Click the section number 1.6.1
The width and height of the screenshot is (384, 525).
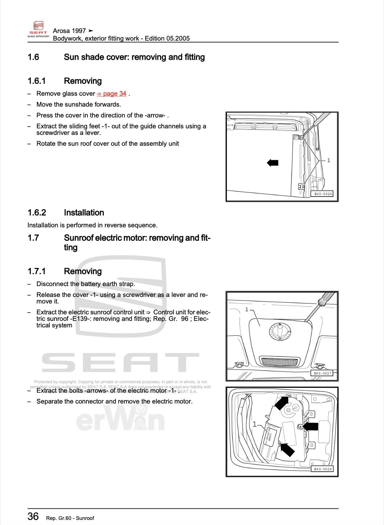36,81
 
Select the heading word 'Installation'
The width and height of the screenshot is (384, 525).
84,213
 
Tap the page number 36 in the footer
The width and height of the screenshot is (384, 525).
33,516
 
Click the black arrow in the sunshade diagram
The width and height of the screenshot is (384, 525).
273,163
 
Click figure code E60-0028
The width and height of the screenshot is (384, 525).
322,469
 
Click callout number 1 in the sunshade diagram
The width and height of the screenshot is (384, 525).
328,160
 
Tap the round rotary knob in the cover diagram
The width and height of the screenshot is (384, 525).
280,331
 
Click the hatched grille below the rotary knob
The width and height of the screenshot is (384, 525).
280,362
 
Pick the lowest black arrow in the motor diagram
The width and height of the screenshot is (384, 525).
287,450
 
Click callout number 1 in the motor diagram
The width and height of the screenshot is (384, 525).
254,424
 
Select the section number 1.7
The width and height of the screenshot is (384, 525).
33,238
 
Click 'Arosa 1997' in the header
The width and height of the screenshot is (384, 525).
69,31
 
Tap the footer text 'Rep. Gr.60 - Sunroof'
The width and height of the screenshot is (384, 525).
70,518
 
